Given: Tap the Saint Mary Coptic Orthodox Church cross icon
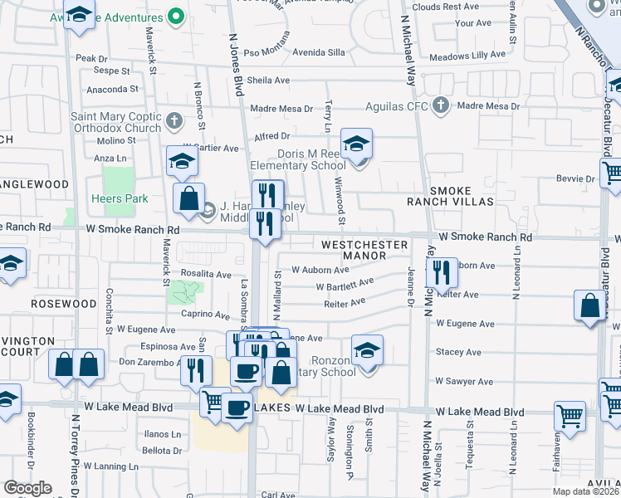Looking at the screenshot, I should point(174,121).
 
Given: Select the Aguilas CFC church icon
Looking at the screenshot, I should point(441,106).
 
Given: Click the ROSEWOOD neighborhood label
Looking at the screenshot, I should point(64,304).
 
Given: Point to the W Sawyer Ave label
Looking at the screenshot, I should point(464,382).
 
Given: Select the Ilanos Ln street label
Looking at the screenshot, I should point(163,434).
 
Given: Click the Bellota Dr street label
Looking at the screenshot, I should point(162,450).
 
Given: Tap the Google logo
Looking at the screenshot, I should point(27,488).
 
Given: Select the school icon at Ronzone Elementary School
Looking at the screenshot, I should point(367,349).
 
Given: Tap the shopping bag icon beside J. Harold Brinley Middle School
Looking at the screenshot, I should point(189,198).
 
